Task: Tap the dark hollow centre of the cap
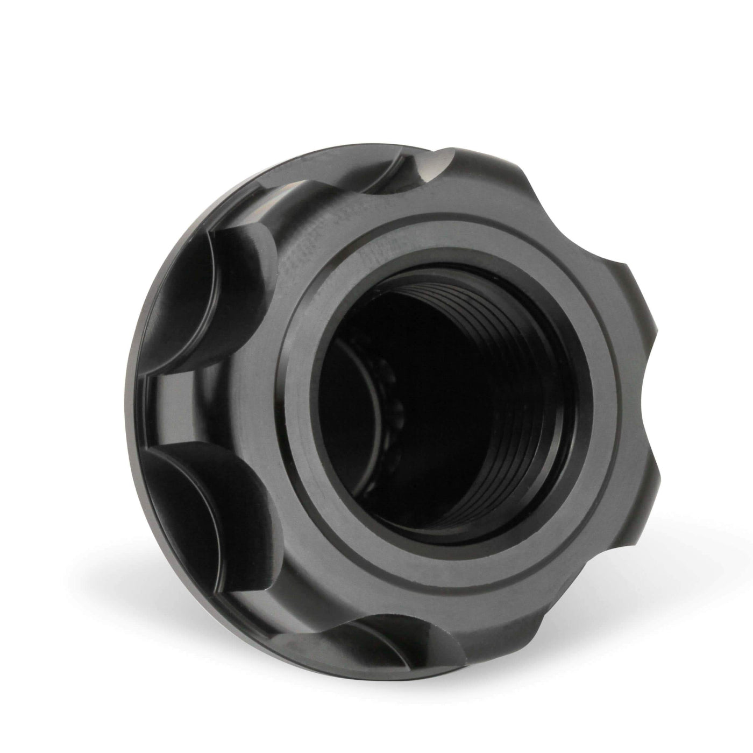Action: [x=430, y=409]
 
